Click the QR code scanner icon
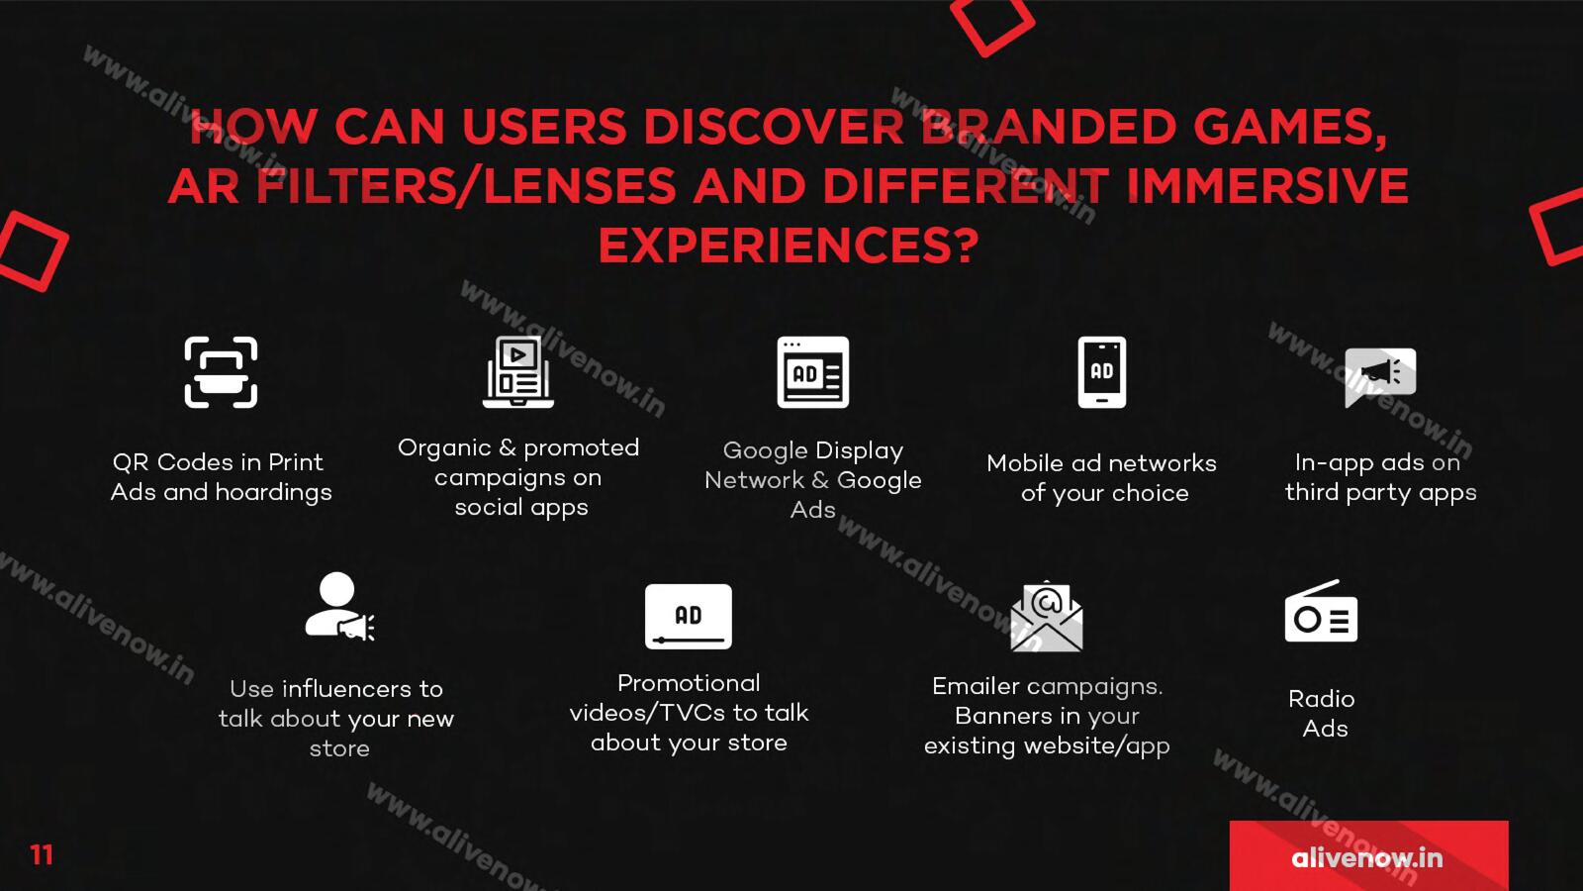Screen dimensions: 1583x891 click(x=221, y=372)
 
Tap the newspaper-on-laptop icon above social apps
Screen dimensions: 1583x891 click(x=518, y=372)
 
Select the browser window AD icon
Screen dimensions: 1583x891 click(x=812, y=372)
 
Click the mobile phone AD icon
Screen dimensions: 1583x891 click(x=1102, y=372)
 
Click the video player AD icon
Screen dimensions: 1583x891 click(x=689, y=616)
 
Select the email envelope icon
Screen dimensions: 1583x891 click(x=1047, y=616)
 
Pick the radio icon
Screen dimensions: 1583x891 click(x=1321, y=611)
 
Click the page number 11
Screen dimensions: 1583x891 click(x=42, y=855)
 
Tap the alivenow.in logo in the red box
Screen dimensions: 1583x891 click(x=1366, y=857)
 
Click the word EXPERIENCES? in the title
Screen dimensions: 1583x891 click(x=789, y=246)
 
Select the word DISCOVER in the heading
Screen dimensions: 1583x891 click(x=773, y=128)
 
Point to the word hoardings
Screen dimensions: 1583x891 click(x=273, y=492)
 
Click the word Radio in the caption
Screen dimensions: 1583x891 click(x=1322, y=699)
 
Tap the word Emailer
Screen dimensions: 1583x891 click(x=976, y=686)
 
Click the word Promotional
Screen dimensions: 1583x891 click(x=689, y=683)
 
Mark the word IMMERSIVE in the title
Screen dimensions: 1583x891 click(x=1266, y=186)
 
